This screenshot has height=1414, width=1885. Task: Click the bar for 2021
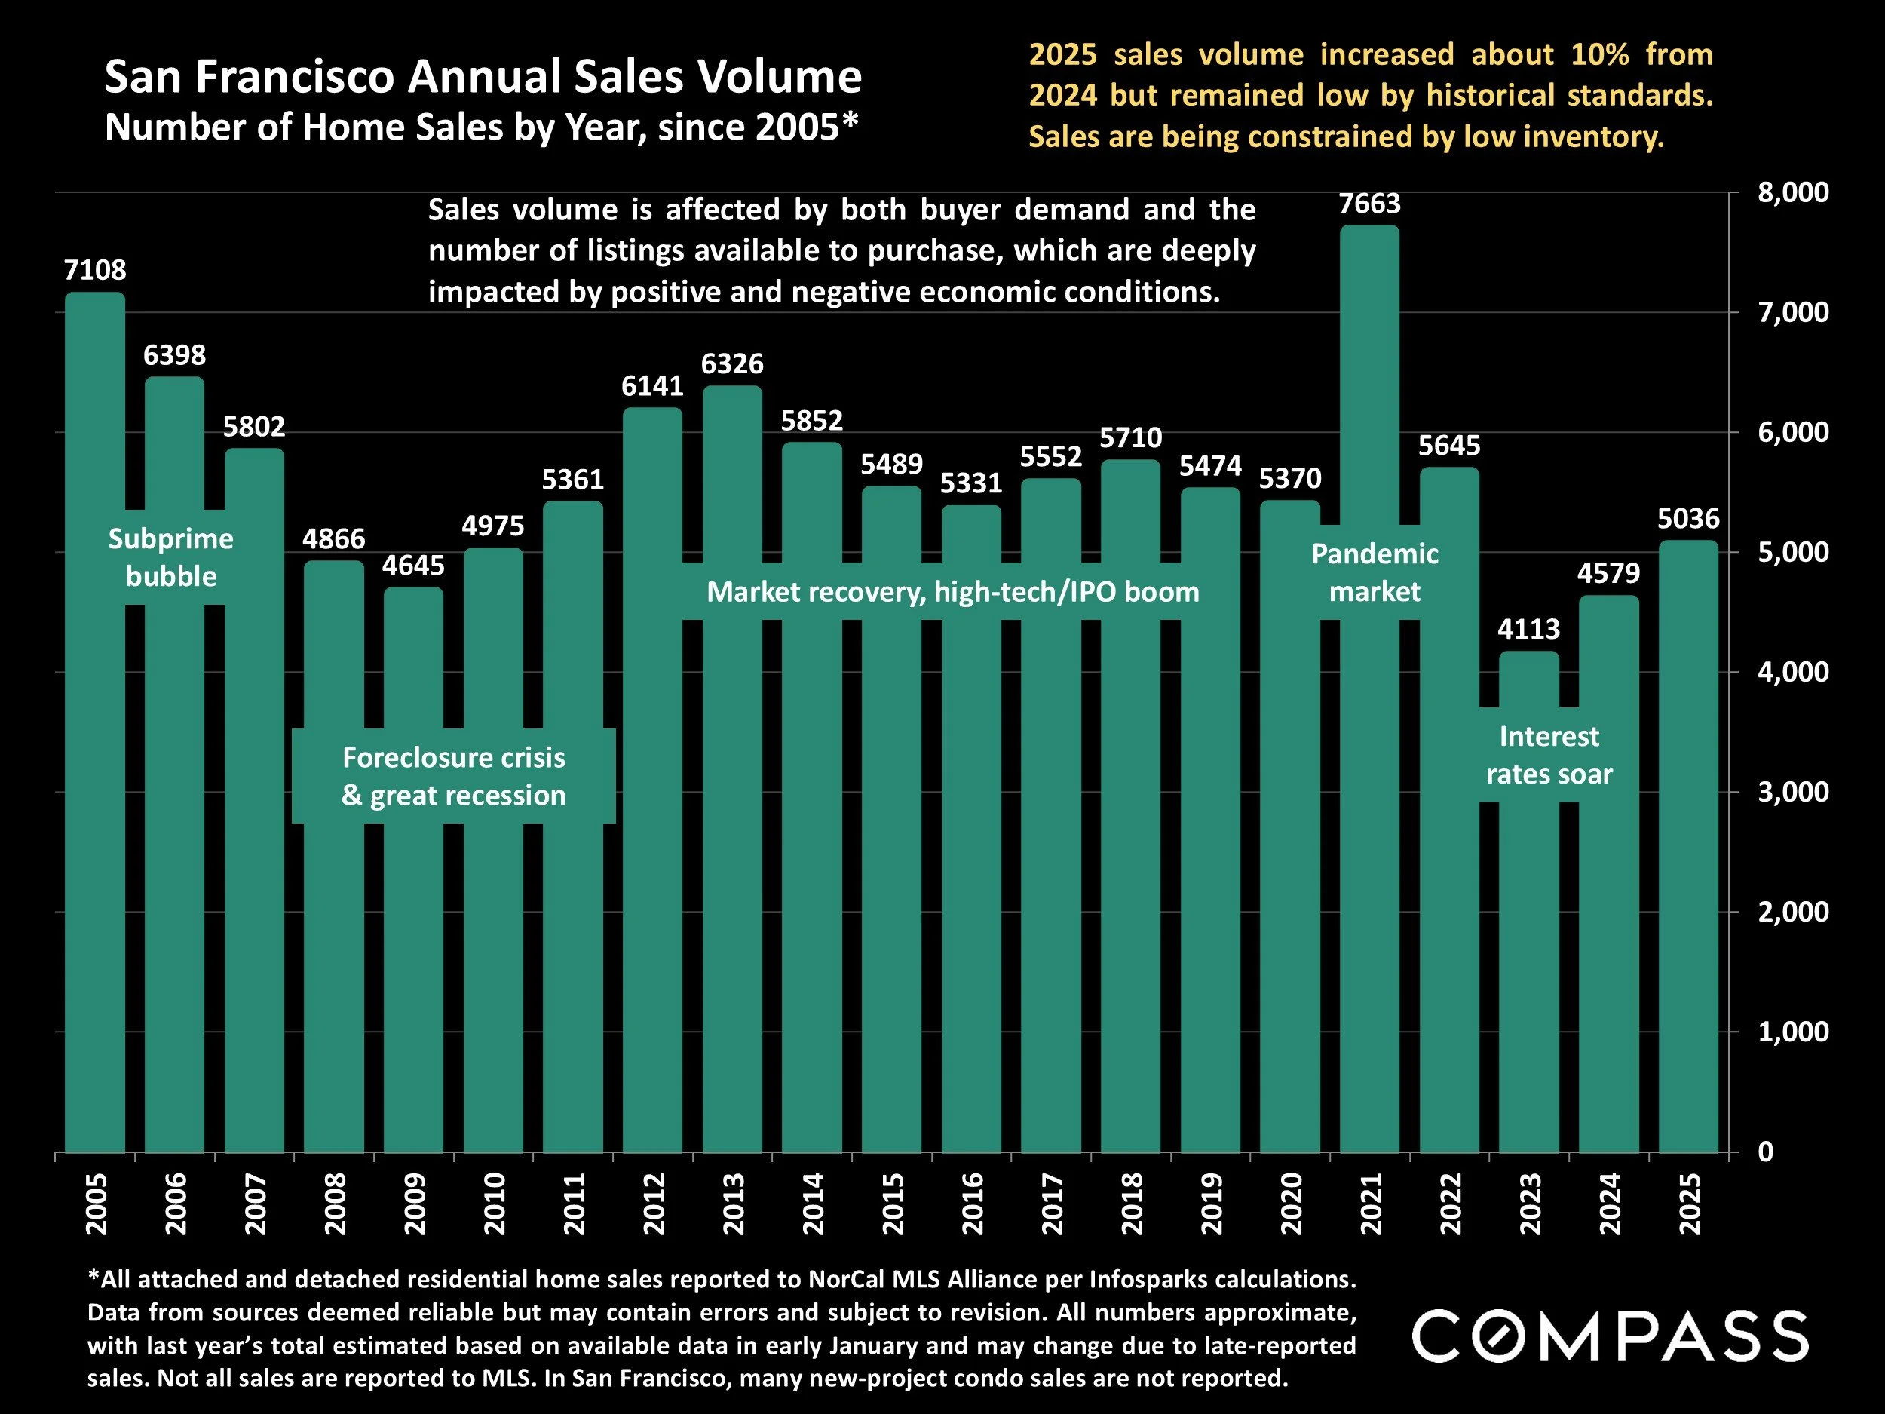[1369, 852]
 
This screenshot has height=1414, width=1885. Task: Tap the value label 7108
[94, 270]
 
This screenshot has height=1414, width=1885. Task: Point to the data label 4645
[413, 565]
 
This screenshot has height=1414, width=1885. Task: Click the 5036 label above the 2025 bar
[1688, 518]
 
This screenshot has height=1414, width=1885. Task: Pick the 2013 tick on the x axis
[733, 1204]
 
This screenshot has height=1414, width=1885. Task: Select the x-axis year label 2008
[335, 1204]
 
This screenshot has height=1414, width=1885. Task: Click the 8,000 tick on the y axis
[1793, 192]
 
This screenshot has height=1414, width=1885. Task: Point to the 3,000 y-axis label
[1793, 792]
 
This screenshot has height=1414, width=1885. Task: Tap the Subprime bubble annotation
[171, 557]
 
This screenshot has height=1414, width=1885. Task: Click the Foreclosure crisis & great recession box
[453, 775]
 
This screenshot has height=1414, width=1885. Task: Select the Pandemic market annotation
[1375, 572]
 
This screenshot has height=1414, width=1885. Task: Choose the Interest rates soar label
[1549, 754]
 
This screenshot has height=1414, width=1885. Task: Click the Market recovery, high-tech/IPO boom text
[953, 591]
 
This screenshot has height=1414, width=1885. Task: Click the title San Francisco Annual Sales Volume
[483, 77]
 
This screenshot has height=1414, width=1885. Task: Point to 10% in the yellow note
[1599, 54]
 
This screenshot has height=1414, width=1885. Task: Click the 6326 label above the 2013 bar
[732, 364]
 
